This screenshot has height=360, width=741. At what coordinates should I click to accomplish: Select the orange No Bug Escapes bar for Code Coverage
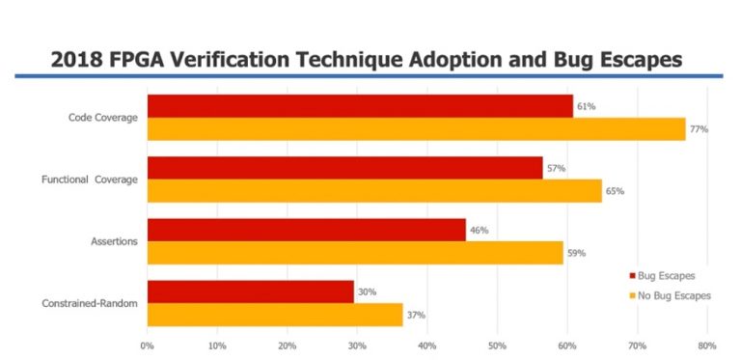[415, 129]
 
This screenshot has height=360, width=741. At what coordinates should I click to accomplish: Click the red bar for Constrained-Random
[250, 291]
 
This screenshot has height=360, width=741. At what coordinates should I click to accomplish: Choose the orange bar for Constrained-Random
[274, 315]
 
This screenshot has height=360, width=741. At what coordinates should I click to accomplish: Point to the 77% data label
[699, 129]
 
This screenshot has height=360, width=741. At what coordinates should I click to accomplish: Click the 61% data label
[586, 106]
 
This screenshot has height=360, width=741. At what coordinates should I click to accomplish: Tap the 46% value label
[479, 230]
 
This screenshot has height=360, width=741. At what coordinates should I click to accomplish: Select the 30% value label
[367, 291]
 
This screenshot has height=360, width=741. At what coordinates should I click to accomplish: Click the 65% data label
[615, 191]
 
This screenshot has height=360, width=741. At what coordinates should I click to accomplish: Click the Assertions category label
[114, 241]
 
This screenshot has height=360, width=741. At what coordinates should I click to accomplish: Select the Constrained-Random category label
[90, 303]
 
